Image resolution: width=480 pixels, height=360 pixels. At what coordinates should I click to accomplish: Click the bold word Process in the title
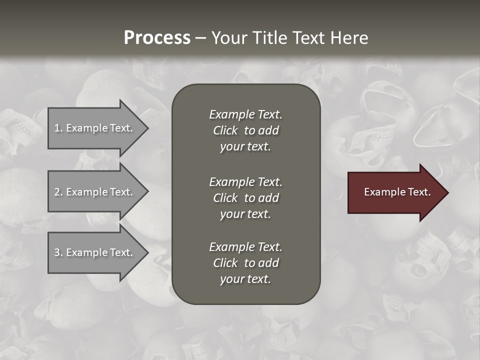[157, 37]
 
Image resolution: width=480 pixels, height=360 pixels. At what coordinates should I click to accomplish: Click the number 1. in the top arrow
[58, 128]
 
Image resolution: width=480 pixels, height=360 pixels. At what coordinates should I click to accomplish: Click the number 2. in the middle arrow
[58, 192]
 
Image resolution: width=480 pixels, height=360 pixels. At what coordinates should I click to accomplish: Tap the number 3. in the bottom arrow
[58, 252]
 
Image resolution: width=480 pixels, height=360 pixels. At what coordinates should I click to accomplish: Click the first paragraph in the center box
[245, 130]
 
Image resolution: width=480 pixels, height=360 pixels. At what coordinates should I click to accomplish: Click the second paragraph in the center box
[245, 198]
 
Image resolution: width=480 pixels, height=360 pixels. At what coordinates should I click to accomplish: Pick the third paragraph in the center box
[245, 263]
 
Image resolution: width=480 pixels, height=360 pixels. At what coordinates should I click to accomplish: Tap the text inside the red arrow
[397, 192]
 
